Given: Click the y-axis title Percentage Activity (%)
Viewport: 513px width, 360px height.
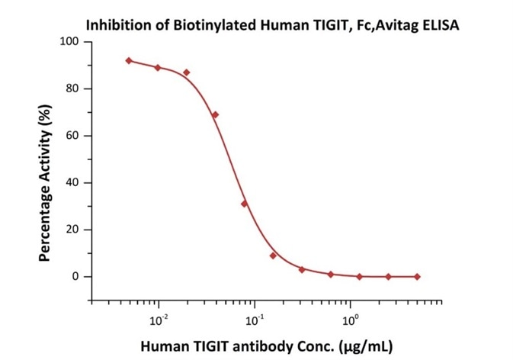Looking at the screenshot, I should coord(45,184).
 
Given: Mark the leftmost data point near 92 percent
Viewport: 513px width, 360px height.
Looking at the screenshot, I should coord(129,60).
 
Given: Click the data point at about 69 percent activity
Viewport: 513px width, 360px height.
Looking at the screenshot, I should coord(215,114).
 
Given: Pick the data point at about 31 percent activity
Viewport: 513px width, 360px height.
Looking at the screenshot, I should coord(244,204).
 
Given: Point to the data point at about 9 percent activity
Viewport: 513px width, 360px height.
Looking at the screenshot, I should coord(273,256).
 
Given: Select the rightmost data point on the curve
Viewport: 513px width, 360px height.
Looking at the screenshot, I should coord(417,276).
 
